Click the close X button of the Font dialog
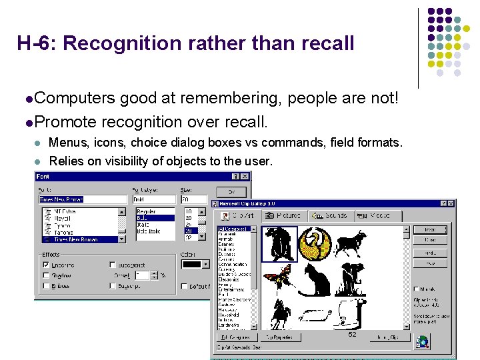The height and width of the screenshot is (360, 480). [245, 177]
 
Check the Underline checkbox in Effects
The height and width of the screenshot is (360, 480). [46, 265]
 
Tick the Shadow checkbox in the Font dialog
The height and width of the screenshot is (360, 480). [46, 275]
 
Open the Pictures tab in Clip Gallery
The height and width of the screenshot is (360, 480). [283, 216]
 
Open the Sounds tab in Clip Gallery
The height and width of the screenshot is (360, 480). [331, 216]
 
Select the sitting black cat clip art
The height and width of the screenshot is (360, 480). [315, 279]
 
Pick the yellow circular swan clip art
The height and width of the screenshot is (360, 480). [315, 243]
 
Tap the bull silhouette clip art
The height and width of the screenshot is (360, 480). [351, 243]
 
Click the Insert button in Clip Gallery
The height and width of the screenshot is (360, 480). [430, 229]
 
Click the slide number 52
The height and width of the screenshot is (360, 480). [352, 335]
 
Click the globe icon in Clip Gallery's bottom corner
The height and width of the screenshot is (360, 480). [423, 343]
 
